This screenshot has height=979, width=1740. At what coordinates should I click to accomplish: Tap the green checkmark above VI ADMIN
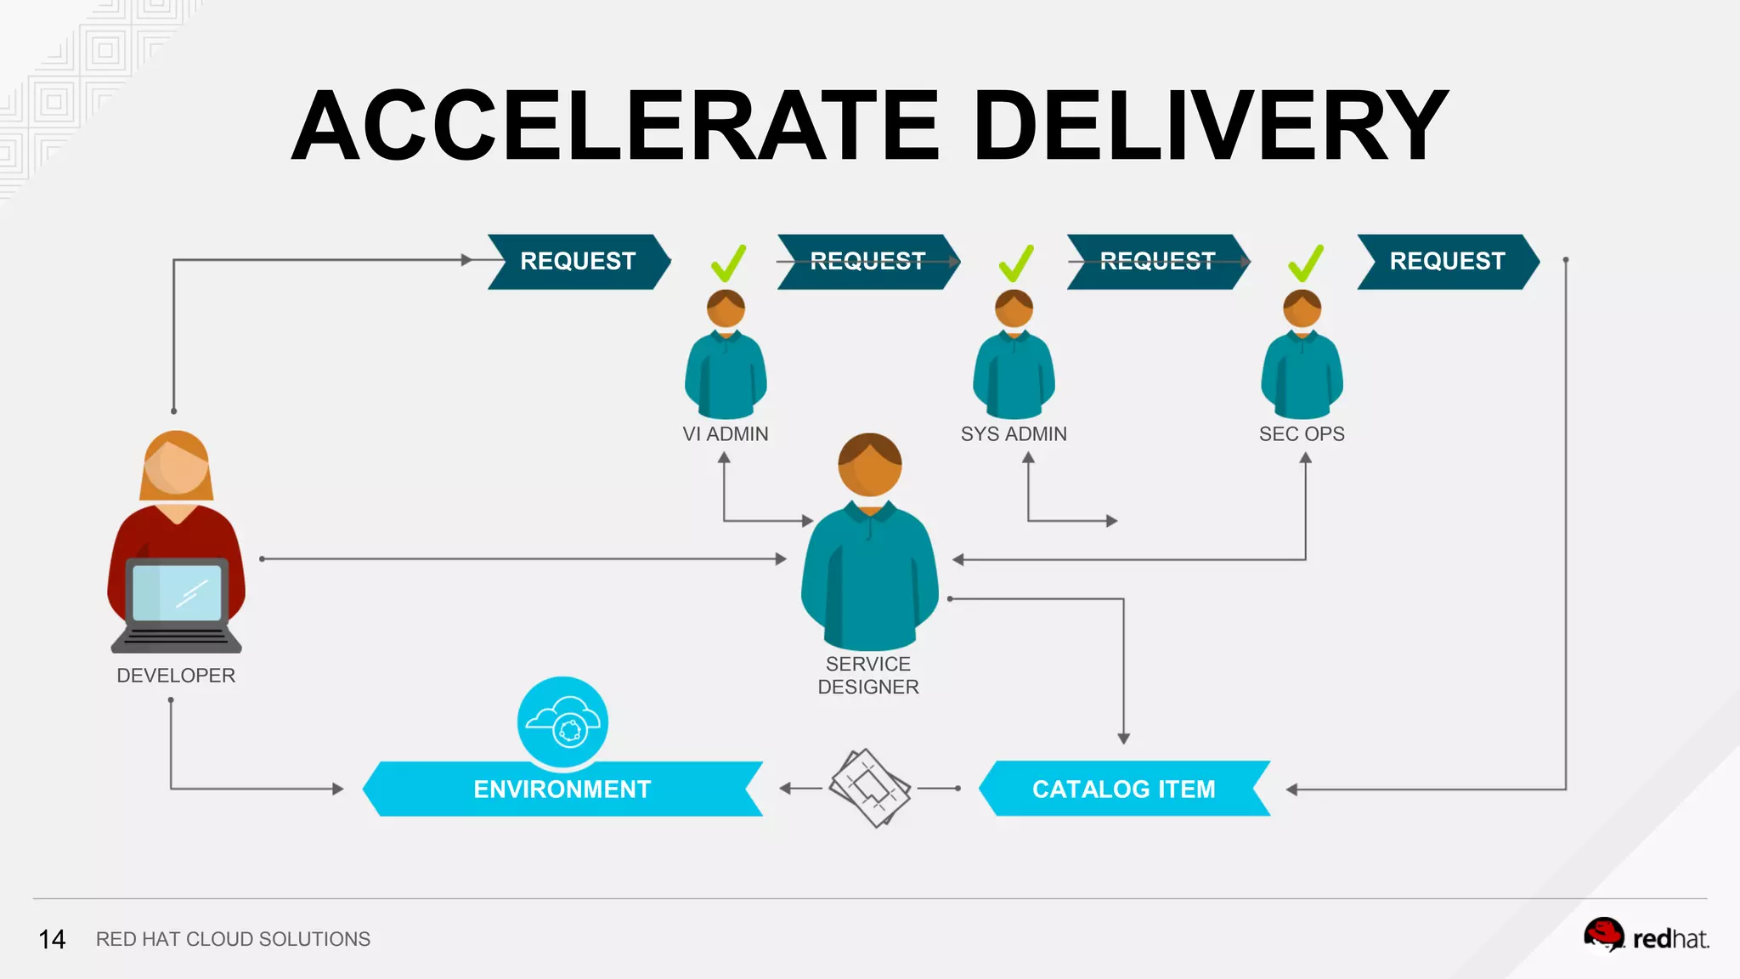coord(728,263)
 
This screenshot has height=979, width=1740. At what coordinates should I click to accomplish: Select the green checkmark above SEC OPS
coord(1306,263)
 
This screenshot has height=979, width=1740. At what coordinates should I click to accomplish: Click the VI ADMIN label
coord(726,434)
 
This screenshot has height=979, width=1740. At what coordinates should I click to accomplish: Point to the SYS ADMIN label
coord(1014,434)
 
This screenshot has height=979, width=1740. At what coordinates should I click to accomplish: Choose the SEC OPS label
coord(1302,434)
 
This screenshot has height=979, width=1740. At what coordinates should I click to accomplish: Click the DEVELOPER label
coord(176,676)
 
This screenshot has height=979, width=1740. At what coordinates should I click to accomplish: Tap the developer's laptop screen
coord(177,592)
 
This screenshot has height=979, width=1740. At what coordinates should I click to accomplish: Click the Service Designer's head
coord(869,466)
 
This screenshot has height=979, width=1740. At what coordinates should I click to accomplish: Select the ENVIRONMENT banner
coord(562,789)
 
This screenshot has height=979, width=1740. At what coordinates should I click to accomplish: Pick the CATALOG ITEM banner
coord(1123,789)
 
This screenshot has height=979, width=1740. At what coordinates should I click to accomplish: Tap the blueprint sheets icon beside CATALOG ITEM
coord(869,788)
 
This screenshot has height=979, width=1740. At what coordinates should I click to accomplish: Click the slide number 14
coord(52,939)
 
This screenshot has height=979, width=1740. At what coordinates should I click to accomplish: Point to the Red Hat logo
coord(1646,937)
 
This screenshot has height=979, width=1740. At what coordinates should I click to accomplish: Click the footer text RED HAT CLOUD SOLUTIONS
coord(233,939)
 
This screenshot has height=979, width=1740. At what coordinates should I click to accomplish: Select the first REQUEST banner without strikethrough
coord(578,261)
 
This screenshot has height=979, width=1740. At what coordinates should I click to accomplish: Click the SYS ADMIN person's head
coord(1014,308)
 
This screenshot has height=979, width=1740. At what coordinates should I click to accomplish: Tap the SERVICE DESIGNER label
coord(868,676)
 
